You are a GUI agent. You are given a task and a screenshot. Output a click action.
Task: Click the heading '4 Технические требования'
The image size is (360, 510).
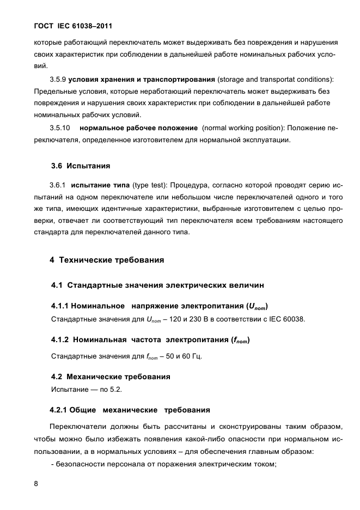[107, 260]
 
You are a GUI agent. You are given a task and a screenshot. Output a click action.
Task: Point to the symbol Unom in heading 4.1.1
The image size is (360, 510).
[258, 306]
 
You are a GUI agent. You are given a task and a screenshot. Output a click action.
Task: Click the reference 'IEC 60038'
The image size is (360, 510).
[286, 319]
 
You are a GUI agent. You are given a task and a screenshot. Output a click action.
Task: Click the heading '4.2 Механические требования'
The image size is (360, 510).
[111, 377]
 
